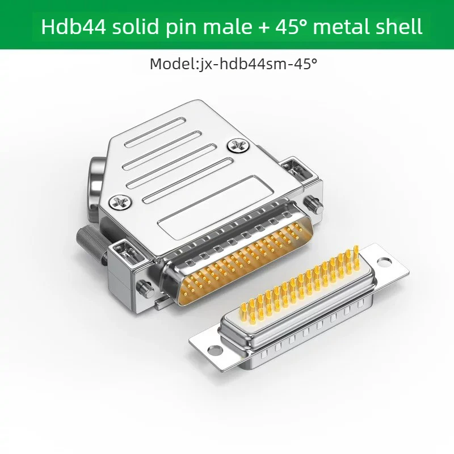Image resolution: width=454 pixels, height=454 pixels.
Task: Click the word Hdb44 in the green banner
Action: click(x=73, y=26)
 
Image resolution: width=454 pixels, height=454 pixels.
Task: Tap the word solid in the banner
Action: click(x=136, y=26)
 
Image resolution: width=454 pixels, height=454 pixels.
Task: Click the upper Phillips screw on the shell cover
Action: click(x=238, y=146)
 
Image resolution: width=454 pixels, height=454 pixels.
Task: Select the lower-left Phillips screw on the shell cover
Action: click(x=120, y=202)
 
